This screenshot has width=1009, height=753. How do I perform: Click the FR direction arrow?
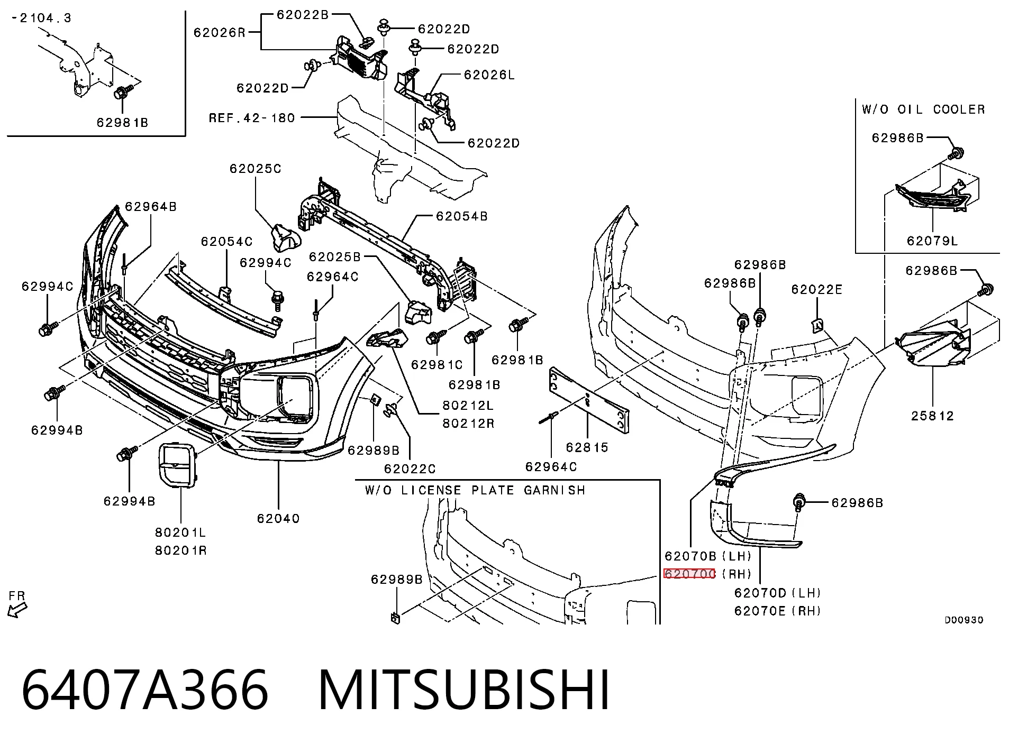(17, 611)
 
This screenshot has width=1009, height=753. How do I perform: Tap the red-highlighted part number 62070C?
(689, 574)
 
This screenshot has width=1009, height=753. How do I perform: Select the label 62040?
(278, 518)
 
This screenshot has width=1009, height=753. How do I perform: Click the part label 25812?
(932, 416)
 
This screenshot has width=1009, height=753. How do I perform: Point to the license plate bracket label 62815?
(587, 447)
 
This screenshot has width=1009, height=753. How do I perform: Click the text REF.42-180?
(252, 117)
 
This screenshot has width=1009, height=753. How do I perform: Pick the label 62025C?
(256, 169)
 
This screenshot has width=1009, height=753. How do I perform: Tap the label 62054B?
(462, 216)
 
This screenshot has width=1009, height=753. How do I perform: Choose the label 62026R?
(220, 33)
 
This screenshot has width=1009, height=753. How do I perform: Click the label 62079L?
(932, 241)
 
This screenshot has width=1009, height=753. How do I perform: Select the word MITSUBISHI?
(464, 691)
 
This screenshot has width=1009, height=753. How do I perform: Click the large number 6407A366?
(145, 691)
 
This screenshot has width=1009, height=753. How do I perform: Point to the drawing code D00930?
(964, 620)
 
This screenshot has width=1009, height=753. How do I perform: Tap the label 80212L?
(468, 406)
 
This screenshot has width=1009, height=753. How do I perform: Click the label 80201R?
(181, 550)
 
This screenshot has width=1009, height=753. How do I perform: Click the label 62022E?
(817, 289)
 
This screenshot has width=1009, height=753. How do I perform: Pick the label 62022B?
(303, 15)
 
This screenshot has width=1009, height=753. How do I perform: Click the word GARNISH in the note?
(555, 490)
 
